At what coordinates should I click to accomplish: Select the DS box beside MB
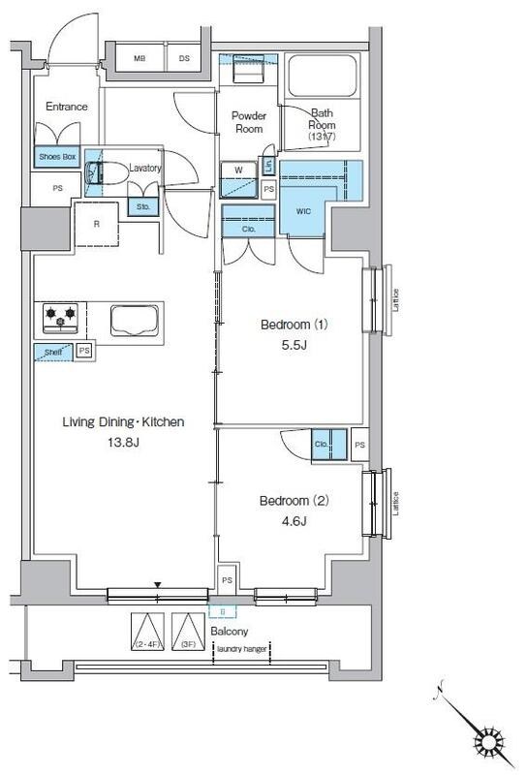(185, 58)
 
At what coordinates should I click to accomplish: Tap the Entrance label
(66, 107)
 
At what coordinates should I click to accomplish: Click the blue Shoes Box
(57, 156)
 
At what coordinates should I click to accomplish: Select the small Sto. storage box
(142, 206)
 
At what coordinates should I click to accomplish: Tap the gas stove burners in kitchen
(60, 316)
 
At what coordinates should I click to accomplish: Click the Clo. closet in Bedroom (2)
(325, 444)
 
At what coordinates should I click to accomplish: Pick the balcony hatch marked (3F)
(186, 632)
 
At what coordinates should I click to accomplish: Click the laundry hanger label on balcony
(242, 649)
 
